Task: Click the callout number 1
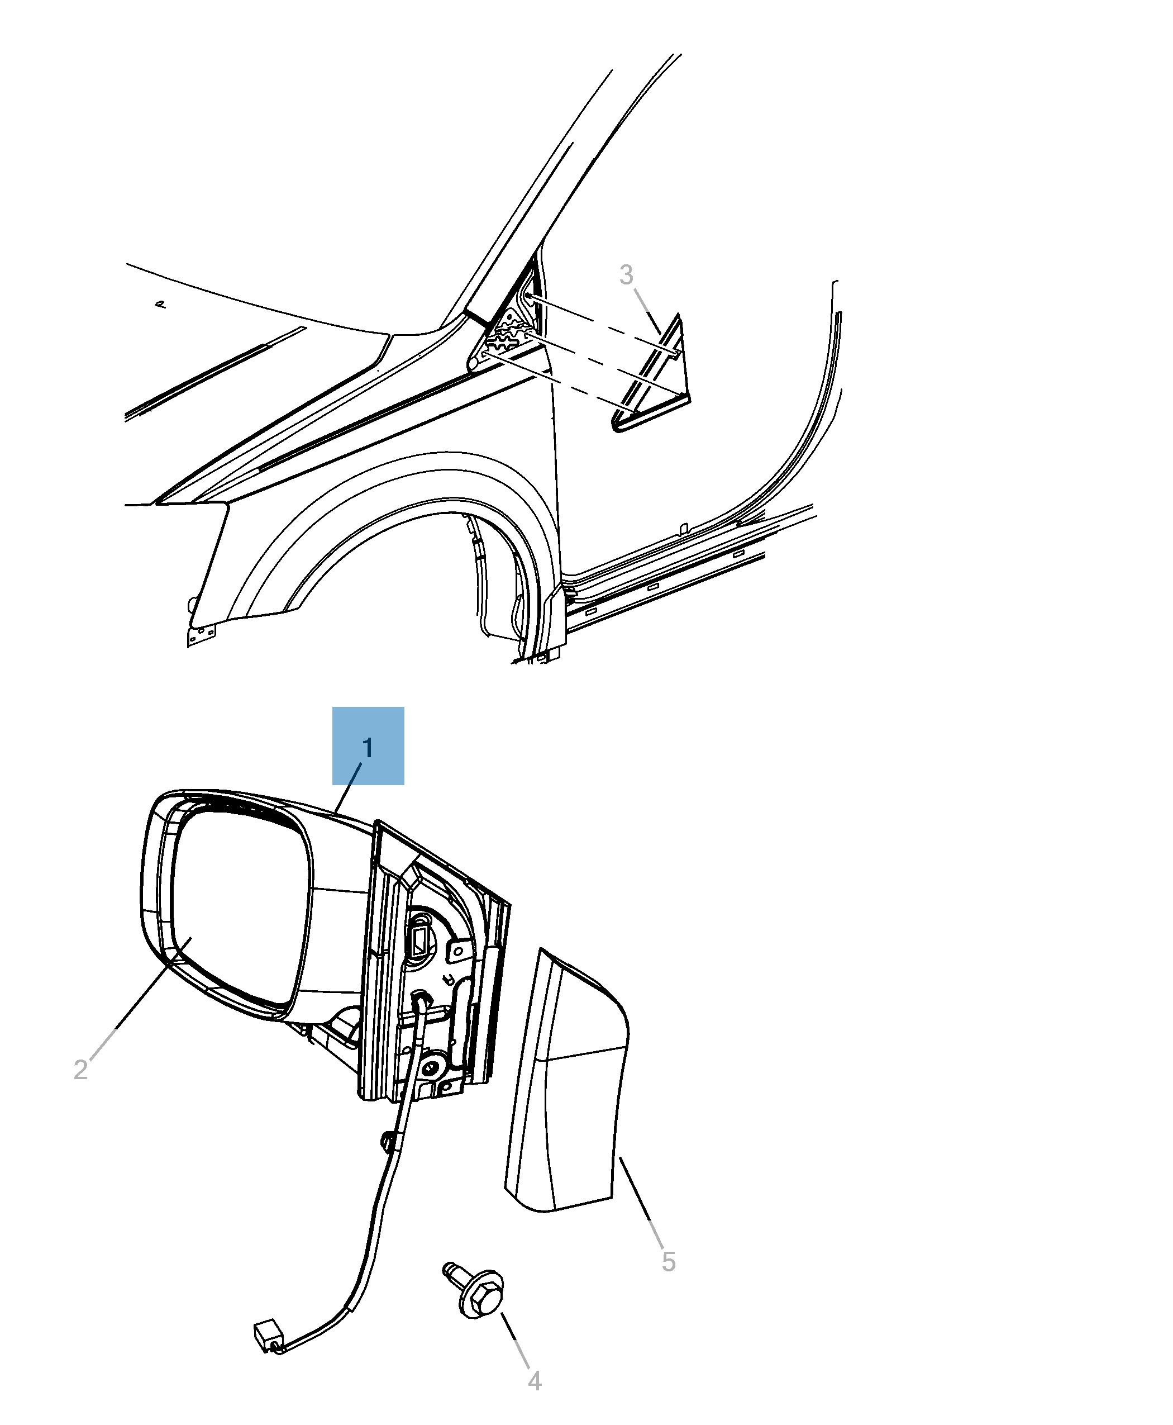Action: pyautogui.click(x=368, y=748)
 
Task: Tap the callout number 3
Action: pyautogui.click(x=626, y=274)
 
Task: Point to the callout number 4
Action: pyautogui.click(x=535, y=1380)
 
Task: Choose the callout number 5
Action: pyautogui.click(x=668, y=1261)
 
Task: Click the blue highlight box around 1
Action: pyautogui.click(x=368, y=745)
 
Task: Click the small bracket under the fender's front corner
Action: pyautogui.click(x=201, y=634)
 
